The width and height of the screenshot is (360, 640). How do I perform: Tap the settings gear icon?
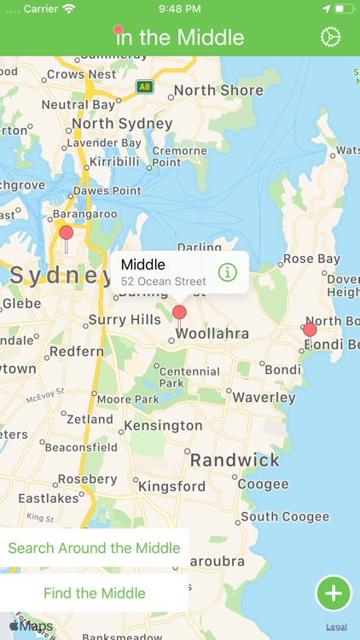pos(330,38)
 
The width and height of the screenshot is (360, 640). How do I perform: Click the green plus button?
pos(334,593)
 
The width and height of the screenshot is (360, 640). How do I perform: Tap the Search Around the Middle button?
pos(94,548)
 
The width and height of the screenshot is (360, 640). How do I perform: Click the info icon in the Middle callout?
pos(227,272)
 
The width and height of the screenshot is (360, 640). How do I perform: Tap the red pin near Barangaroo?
pos(66,233)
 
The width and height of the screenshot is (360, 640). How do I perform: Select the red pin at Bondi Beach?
pos(310,329)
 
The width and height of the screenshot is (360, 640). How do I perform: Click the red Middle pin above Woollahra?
pos(179,312)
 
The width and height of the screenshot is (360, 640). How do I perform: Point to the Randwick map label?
pos(235,460)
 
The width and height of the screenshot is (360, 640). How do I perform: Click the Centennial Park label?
pos(189,377)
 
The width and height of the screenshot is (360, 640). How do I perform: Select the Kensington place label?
pos(163,425)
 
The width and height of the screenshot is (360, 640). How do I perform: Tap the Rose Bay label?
pos(311,259)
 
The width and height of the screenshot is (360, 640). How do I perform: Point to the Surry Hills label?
pos(125,320)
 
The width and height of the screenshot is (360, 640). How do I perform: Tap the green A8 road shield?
pos(144,86)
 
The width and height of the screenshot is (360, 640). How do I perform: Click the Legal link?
pos(336,626)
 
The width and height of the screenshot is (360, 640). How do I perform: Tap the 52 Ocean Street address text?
pos(163,282)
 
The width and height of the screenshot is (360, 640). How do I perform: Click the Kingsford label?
pos(172,486)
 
